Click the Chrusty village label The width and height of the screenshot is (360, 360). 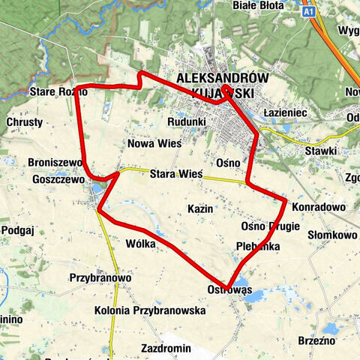click(25, 121)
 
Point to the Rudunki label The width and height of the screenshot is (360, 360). click(187, 121)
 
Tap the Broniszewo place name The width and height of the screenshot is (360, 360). click(54, 163)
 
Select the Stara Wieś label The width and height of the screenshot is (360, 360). click(176, 174)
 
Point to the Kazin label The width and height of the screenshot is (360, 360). click(200, 208)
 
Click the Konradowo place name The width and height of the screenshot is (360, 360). click(318, 207)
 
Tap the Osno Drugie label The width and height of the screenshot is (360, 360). click(270, 226)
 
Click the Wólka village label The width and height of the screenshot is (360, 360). click(141, 244)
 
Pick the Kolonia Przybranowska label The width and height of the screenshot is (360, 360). click(150, 310)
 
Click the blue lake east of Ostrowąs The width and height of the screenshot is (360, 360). click(254, 297)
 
